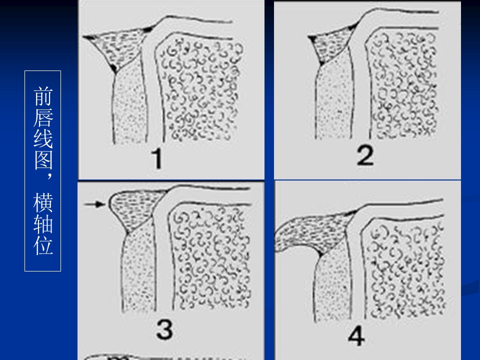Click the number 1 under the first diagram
(x=157, y=158)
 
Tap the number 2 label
(x=365, y=155)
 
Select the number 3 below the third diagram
(x=164, y=329)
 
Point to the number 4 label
(x=356, y=335)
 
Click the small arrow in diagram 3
(x=94, y=204)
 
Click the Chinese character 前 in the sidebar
(x=43, y=96)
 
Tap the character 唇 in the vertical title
(x=43, y=117)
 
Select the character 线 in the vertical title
(x=43, y=138)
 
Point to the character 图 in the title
(x=43, y=160)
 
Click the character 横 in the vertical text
(x=43, y=202)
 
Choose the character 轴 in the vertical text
(x=43, y=224)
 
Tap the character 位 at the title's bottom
(x=43, y=245)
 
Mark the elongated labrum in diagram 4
(x=312, y=232)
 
